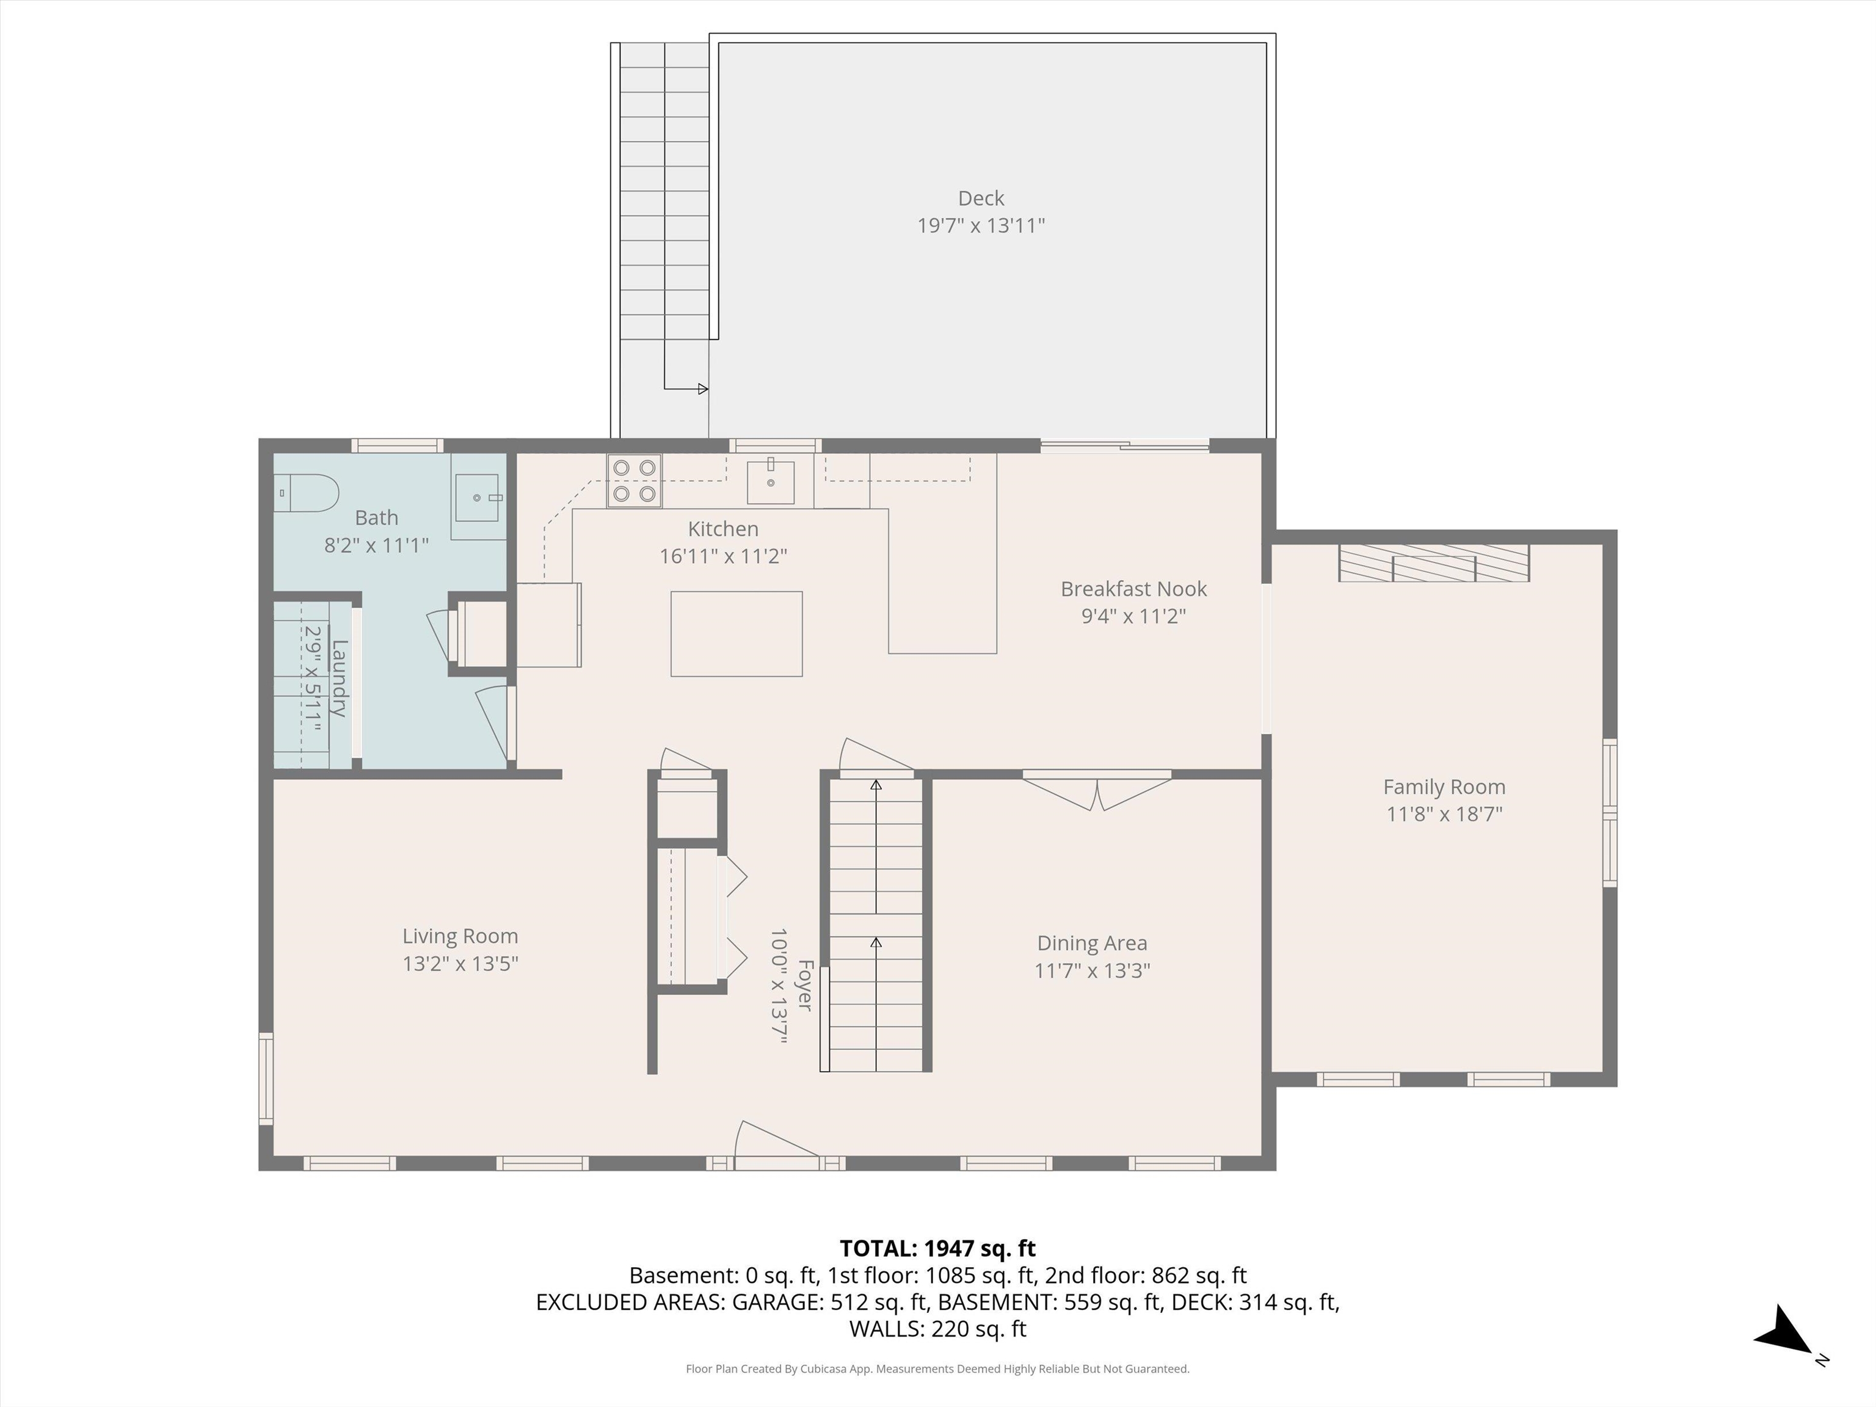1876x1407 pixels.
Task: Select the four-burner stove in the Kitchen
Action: click(x=633, y=481)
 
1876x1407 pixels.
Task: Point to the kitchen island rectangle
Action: click(x=736, y=633)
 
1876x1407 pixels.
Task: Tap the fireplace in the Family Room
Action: click(x=1433, y=563)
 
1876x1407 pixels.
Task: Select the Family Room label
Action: click(x=1444, y=787)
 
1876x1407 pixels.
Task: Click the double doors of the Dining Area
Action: click(x=1097, y=790)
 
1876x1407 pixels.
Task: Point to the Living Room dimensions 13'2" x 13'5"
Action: click(x=460, y=964)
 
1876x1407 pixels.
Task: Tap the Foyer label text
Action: click(x=805, y=986)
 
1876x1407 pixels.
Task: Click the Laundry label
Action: click(x=338, y=678)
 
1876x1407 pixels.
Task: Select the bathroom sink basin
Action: click(x=478, y=497)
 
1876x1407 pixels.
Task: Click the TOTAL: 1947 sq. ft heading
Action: click(x=937, y=1248)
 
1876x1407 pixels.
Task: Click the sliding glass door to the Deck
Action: click(x=1125, y=445)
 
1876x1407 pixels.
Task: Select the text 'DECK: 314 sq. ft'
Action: click(x=1254, y=1302)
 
